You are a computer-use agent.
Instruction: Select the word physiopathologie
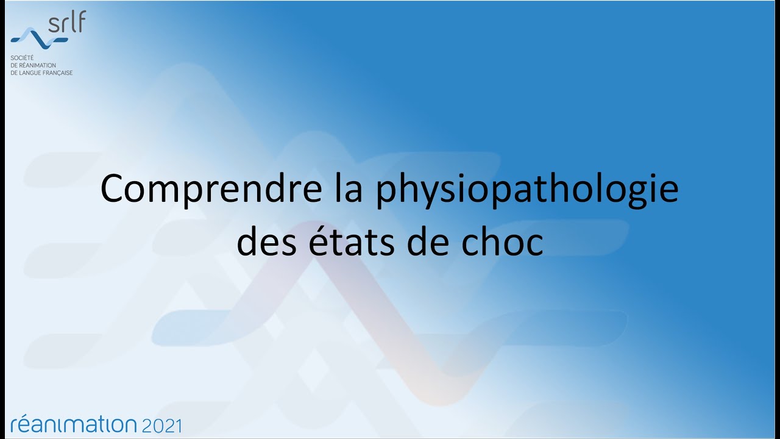526,190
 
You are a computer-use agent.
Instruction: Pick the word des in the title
262,242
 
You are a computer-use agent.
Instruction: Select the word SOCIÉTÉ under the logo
22,57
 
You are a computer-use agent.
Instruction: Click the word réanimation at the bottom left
74,424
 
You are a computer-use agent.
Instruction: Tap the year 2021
161,425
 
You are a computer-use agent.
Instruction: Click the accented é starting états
310,242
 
